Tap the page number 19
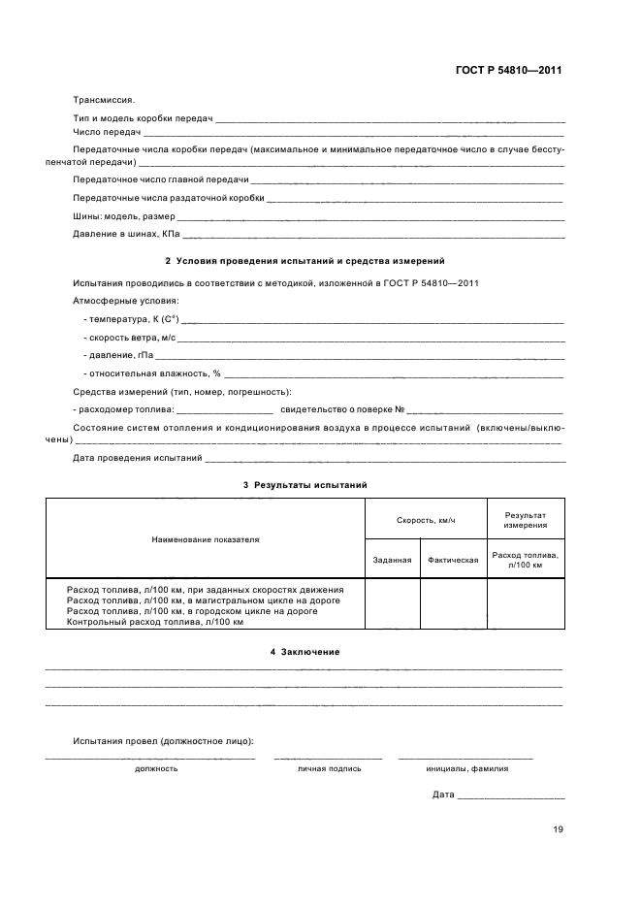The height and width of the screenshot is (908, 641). pyautogui.click(x=558, y=829)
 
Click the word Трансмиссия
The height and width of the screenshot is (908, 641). pyautogui.click(x=104, y=99)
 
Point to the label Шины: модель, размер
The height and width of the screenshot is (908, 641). pyautogui.click(x=124, y=216)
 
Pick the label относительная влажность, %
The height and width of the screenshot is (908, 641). pyautogui.click(x=152, y=373)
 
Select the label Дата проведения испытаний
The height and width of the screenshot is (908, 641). pyautogui.click(x=137, y=458)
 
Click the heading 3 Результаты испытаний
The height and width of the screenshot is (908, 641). pyautogui.click(x=304, y=484)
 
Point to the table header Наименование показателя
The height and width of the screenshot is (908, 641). pyautogui.click(x=205, y=538)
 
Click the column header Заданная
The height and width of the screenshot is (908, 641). pyautogui.click(x=392, y=560)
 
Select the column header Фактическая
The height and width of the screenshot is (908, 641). pyautogui.click(x=453, y=560)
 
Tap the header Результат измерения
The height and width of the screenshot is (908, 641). pyautogui.click(x=525, y=520)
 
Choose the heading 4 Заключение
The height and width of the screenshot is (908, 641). pyautogui.click(x=304, y=652)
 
